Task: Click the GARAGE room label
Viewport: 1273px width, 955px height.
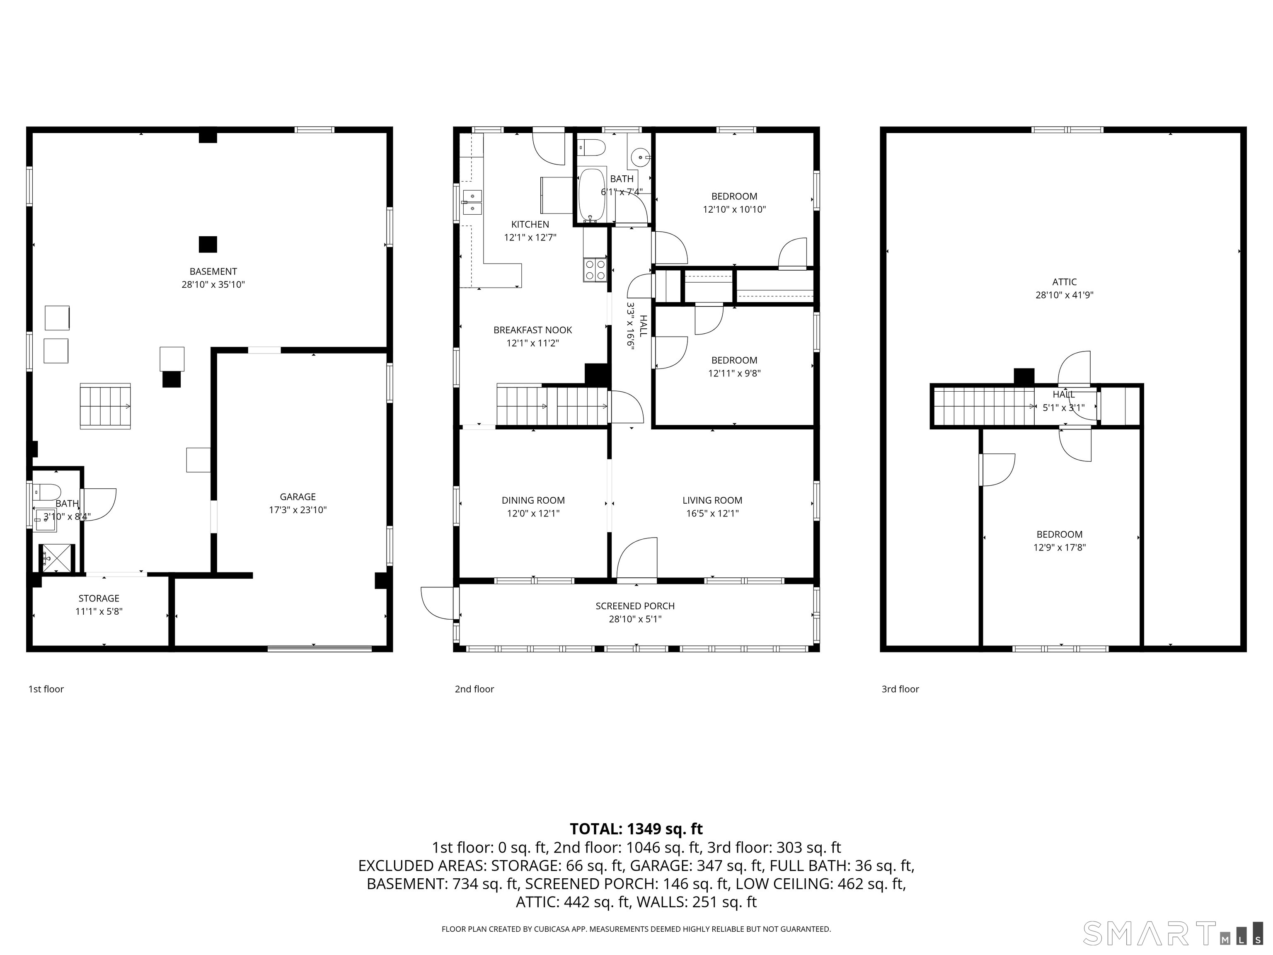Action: (298, 497)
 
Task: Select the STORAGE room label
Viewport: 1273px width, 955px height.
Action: (99, 599)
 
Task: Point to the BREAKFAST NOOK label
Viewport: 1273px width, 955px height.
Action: (532, 330)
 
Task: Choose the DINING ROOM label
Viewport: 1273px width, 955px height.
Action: (533, 501)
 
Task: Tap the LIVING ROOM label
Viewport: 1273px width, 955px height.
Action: (712, 501)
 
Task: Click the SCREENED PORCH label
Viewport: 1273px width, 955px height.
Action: (635, 606)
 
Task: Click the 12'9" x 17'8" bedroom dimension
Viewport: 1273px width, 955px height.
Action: (1060, 548)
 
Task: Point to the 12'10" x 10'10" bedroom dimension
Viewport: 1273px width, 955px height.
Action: (734, 210)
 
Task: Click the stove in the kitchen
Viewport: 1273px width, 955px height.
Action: (595, 270)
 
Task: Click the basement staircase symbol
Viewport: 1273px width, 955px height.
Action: (105, 406)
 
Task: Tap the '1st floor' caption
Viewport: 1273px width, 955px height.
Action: (46, 689)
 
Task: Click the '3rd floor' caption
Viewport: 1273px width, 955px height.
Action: (900, 689)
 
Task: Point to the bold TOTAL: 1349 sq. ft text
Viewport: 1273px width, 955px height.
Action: (636, 829)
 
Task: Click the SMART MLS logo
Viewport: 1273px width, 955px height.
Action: (1173, 933)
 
